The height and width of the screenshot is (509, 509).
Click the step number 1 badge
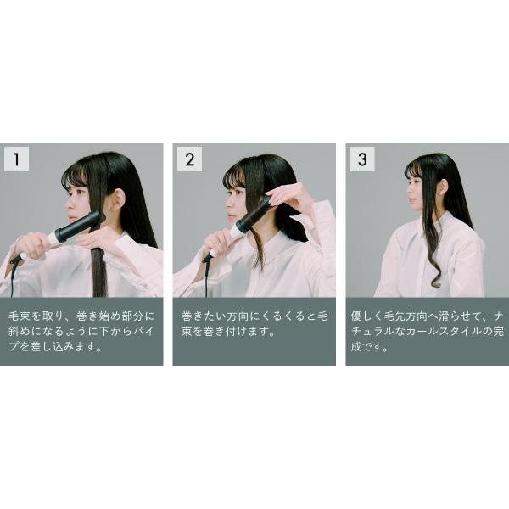pyautogui.click(x=16, y=159)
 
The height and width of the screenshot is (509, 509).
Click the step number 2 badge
pyautogui.click(x=189, y=159)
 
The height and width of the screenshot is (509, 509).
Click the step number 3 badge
pyautogui.click(x=362, y=159)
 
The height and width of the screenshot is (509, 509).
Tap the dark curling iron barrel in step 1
pyautogui.click(x=78, y=225)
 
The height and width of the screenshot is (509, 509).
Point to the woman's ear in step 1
pyautogui.click(x=119, y=198)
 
